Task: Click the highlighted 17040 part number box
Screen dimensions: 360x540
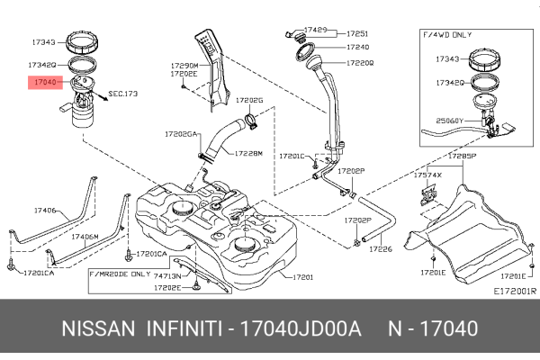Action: (x=45, y=82)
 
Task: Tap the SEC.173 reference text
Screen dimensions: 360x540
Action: (x=123, y=93)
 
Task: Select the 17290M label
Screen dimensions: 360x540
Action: (x=184, y=66)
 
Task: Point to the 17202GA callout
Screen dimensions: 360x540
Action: (x=180, y=133)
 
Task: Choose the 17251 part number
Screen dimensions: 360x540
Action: (x=356, y=33)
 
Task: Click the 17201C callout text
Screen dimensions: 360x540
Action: (x=292, y=155)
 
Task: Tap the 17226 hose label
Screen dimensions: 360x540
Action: (x=381, y=247)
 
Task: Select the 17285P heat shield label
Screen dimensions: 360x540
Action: (x=461, y=156)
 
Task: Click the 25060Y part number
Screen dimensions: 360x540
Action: (x=450, y=120)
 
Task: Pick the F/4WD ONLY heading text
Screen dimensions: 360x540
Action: (x=447, y=33)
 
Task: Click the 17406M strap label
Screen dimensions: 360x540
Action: (x=85, y=237)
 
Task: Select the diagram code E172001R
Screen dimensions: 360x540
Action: (x=514, y=291)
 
